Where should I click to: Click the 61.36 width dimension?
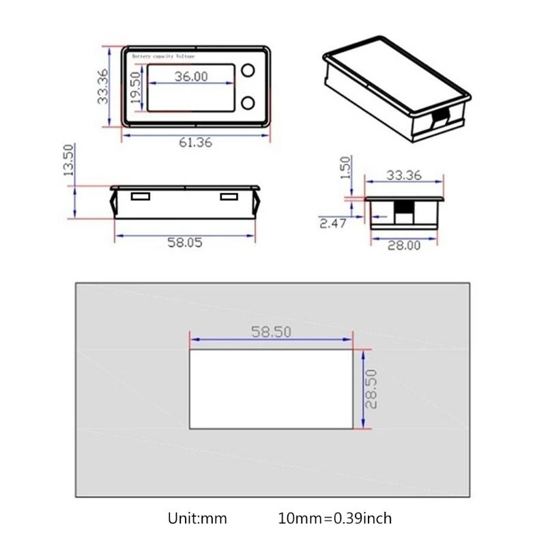tap(195, 143)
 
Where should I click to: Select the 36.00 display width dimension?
tap(190, 76)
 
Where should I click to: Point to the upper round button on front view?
tap(247, 71)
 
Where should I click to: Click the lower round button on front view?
tap(247, 103)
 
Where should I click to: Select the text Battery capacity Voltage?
tap(164, 55)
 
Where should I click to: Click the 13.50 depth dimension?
tap(68, 160)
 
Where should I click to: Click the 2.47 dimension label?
tap(332, 222)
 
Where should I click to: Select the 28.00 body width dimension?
tap(404, 246)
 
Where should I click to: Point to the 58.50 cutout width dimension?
tap(271, 332)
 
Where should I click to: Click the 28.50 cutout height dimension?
tap(371, 389)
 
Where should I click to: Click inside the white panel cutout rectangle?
tap(271, 389)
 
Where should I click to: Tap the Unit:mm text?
tap(197, 519)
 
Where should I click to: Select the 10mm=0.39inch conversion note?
tap(335, 519)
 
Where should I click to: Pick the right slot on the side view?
tap(229, 197)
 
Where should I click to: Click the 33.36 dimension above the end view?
tap(403, 175)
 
